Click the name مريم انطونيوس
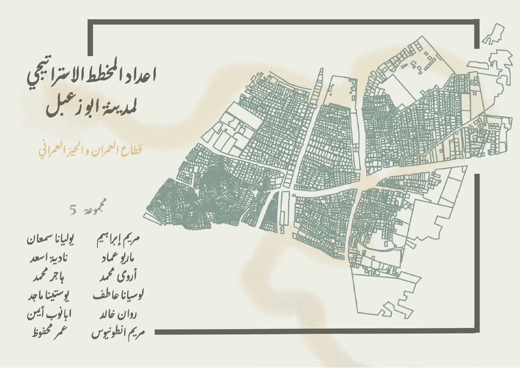click(118, 333)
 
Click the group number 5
click(72, 210)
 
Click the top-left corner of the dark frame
click(90, 22)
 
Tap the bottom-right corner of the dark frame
click(477, 332)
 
